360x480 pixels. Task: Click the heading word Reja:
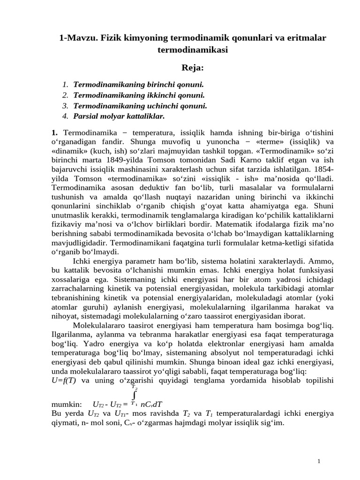pyautogui.click(x=193, y=68)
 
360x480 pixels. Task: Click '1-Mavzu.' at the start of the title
pyautogui.click(x=75, y=37)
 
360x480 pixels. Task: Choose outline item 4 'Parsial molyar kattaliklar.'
pyautogui.click(x=119, y=116)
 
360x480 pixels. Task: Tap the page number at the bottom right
pyautogui.click(x=319, y=462)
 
